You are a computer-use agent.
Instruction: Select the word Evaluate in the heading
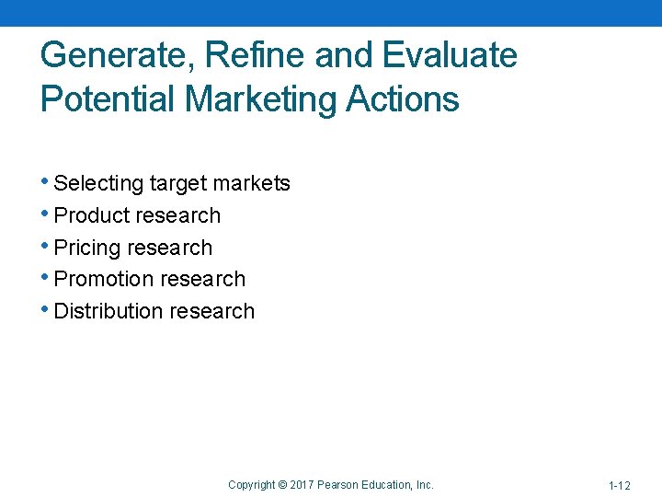(450, 56)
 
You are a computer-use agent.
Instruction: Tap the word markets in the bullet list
(252, 184)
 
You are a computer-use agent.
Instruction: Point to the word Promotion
(104, 279)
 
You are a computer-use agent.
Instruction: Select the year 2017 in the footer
(302, 484)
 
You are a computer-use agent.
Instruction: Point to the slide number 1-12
(619, 485)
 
